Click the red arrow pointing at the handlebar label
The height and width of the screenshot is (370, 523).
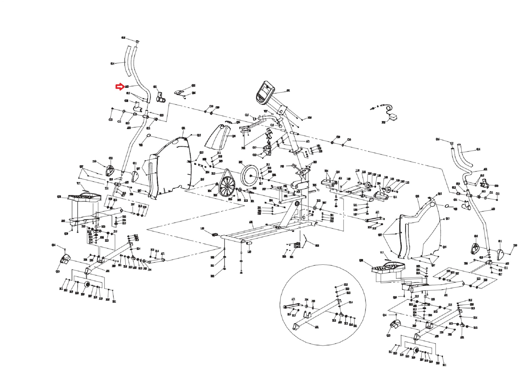point(120,87)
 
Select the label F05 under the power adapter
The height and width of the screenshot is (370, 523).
point(383,123)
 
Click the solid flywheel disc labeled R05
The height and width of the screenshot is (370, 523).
point(249,175)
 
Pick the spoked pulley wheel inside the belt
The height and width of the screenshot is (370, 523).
point(227,187)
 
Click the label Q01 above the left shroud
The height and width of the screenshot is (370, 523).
point(183,128)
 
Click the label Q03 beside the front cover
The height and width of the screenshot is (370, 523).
point(234,136)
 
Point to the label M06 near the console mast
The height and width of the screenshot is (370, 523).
point(310,118)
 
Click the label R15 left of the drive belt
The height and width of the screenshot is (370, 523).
point(213,174)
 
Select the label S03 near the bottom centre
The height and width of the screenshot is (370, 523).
point(317,246)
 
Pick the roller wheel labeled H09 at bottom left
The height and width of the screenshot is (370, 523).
point(87,284)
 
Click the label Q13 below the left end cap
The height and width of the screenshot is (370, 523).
point(58,271)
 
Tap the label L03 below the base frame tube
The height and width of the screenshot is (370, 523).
point(249,252)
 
